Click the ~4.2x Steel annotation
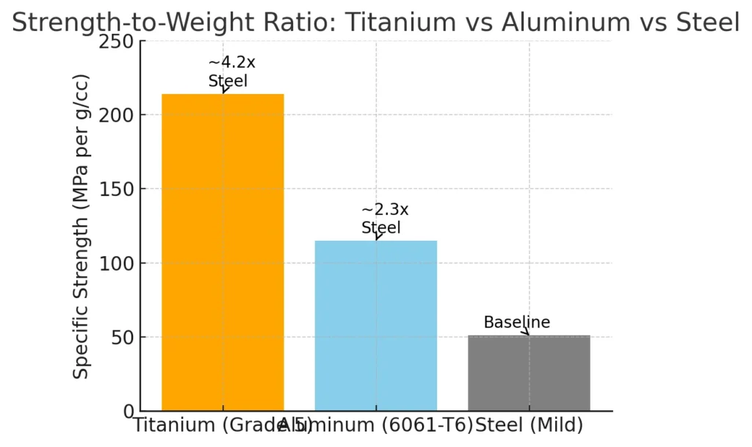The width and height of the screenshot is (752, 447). pyautogui.click(x=228, y=72)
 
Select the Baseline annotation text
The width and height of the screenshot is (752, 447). pyautogui.click(x=516, y=322)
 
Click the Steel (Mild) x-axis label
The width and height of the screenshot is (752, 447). pyautogui.click(x=529, y=426)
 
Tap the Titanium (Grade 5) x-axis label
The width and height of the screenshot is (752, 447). pyautogui.click(x=213, y=426)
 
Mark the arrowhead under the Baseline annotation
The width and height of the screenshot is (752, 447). pyautogui.click(x=526, y=333)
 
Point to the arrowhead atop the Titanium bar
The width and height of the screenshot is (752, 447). pyautogui.click(x=225, y=91)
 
